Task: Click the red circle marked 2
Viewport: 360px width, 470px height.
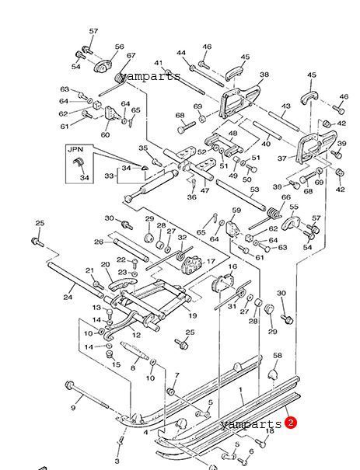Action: click(290, 423)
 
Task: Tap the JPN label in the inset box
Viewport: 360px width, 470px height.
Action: click(75, 149)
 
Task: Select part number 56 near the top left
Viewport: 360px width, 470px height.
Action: click(120, 47)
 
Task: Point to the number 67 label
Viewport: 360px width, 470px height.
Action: click(131, 55)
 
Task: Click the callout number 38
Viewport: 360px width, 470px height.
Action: click(264, 75)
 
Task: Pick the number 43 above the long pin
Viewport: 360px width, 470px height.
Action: click(286, 106)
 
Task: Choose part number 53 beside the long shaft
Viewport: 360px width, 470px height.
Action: click(254, 190)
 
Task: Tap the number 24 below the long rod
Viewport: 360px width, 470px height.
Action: click(68, 297)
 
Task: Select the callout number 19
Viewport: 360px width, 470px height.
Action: click(193, 315)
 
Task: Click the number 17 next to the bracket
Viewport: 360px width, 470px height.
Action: click(211, 261)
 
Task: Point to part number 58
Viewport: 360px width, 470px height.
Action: click(278, 356)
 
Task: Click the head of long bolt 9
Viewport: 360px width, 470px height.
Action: click(70, 385)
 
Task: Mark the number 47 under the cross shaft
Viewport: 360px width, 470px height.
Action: click(204, 190)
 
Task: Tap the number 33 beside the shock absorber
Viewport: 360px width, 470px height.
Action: click(109, 176)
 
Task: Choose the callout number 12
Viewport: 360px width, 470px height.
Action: click(136, 335)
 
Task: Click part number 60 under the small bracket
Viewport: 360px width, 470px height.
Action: click(105, 135)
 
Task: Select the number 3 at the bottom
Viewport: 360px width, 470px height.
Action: click(117, 461)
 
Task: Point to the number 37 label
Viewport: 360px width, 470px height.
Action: click(282, 158)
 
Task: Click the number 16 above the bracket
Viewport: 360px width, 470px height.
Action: click(232, 266)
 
